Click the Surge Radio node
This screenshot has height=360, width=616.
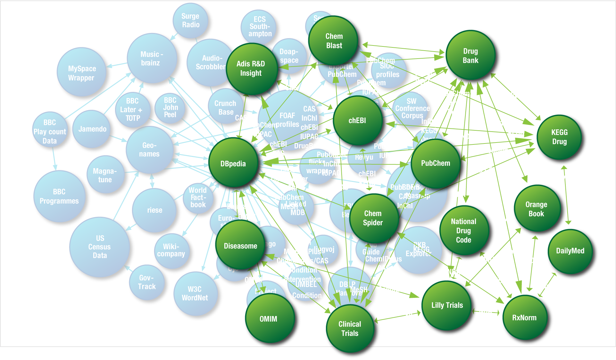point(190,20)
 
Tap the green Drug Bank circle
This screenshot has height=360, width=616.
point(470,56)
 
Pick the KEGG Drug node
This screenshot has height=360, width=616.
point(559,137)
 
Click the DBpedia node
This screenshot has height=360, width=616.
point(233,163)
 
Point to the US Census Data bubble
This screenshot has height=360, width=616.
point(100,247)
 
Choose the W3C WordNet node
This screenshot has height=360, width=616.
point(195,293)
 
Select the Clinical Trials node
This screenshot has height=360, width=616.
point(350,329)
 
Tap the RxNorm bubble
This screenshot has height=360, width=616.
point(524,317)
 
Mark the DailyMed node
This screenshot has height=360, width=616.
point(570,251)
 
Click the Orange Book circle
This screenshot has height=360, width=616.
point(537,209)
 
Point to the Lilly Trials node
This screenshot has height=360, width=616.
point(447,305)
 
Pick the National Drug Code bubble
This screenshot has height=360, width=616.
point(463,231)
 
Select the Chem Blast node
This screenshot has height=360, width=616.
point(334,41)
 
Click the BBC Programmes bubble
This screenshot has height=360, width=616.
point(59,196)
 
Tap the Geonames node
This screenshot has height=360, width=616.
point(149,150)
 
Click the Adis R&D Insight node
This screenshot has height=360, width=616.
point(251,69)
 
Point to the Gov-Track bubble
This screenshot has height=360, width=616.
point(147,282)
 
